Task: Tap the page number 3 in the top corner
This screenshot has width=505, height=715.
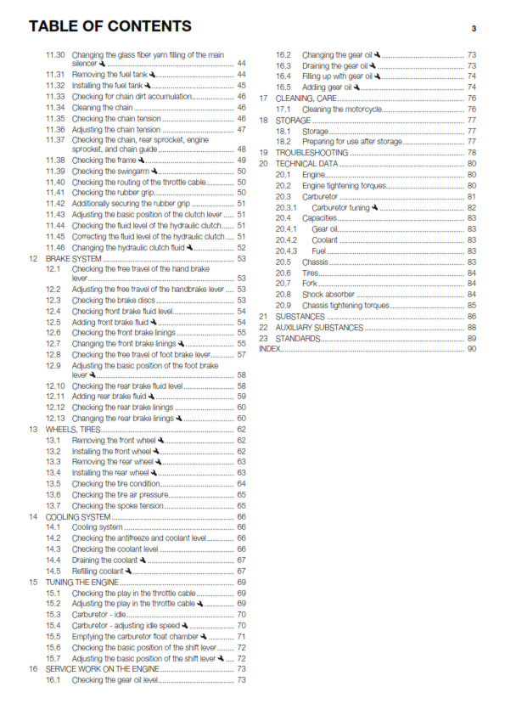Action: [473, 29]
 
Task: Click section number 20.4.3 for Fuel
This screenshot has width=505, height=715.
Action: [287, 251]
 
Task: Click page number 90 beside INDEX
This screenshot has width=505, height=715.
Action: [471, 348]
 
